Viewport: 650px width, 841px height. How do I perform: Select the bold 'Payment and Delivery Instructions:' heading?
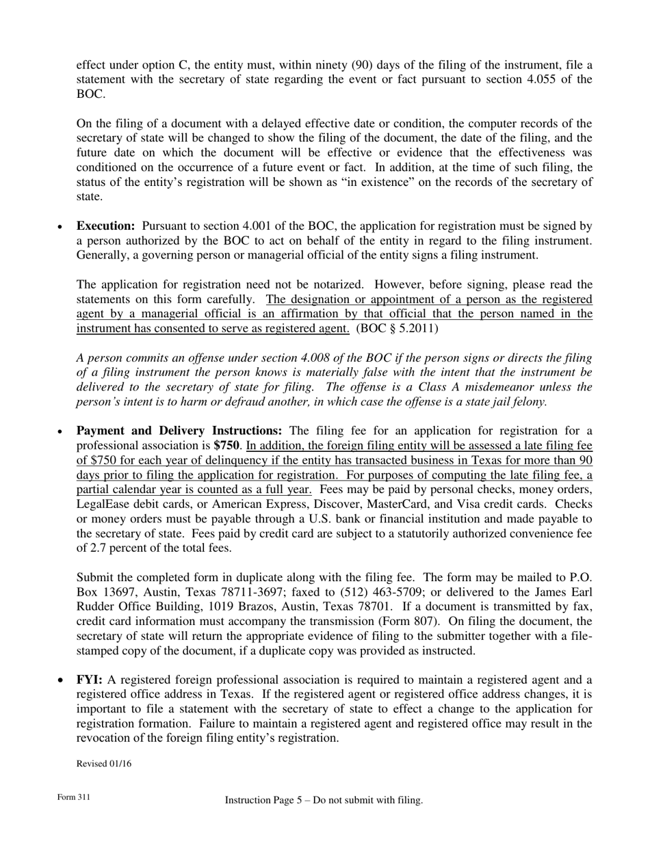179,431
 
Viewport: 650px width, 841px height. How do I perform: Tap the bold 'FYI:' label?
90,680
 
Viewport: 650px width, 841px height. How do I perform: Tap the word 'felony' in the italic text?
527,401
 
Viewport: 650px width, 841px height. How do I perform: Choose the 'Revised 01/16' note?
103,764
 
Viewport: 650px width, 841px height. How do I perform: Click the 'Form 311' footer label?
74,798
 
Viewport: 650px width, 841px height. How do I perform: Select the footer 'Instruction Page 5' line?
324,800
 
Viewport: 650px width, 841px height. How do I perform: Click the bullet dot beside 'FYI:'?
62,681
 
